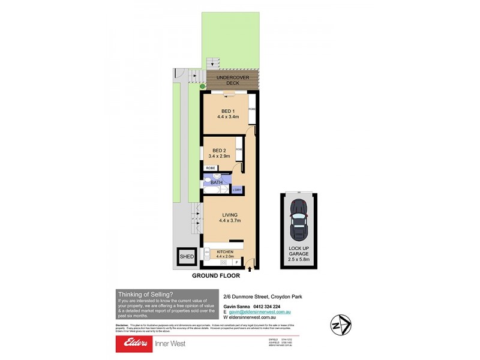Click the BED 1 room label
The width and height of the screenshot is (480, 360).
click(228, 111)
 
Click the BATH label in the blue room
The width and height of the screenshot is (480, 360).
click(216, 182)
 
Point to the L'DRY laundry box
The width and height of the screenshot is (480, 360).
click(237, 190)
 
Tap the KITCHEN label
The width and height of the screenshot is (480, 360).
click(217, 252)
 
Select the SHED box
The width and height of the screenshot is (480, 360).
click(185, 257)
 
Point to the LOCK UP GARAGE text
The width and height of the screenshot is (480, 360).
click(298, 250)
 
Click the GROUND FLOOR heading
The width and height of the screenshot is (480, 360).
click(215, 276)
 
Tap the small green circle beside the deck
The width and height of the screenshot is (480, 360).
click(203, 87)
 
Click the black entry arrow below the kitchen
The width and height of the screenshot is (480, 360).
click(250, 270)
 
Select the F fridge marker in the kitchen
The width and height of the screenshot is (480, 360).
click(237, 262)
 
